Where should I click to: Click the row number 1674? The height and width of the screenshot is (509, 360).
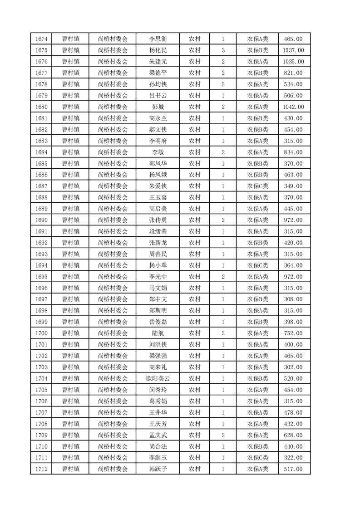pos(41,39)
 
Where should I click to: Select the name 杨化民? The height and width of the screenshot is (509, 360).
pos(158,50)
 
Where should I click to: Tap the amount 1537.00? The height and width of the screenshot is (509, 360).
pos(293,50)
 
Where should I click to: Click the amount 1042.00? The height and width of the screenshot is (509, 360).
pos(293,107)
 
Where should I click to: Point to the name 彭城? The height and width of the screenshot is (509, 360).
pos(158,107)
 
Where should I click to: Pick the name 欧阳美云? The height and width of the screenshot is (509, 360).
pos(158,378)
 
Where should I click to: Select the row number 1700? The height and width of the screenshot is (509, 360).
pos(41,333)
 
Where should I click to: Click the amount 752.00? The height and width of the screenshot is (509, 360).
pos(293,333)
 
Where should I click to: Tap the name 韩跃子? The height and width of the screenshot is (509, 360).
pos(158,469)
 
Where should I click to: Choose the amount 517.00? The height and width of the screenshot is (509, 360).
pos(293,469)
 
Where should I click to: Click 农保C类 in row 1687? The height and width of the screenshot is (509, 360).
pos(257,186)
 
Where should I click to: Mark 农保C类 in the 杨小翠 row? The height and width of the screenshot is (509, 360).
pos(257,265)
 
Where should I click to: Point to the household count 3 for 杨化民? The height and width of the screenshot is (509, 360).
pos(223,50)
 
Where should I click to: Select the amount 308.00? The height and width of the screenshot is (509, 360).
pos(293,299)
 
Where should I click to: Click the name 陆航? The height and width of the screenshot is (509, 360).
pos(158,333)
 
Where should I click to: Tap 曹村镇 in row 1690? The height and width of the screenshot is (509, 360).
pos(71,220)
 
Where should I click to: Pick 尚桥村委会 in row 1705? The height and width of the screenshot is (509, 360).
pos(113,390)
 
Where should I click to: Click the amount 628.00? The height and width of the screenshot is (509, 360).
pos(293,435)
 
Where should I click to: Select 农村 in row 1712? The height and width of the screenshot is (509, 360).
pos(195,469)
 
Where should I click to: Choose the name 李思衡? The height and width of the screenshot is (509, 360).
pos(158,39)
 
